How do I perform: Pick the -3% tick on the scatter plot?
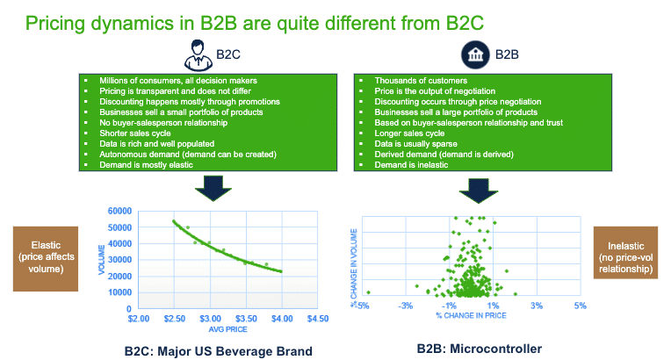tap(406, 306)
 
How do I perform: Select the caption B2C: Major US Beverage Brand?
tap(218, 350)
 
